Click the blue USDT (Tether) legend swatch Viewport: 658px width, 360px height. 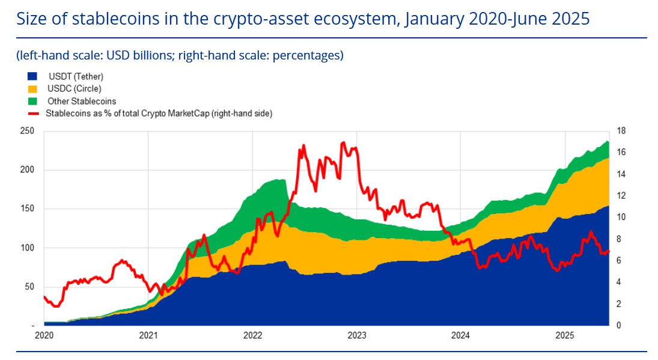point(32,76)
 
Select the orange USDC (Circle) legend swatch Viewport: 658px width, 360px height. point(32,89)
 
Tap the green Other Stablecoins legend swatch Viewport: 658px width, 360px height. point(32,101)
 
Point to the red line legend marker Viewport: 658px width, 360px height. point(33,114)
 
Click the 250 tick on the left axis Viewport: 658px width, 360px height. point(27,131)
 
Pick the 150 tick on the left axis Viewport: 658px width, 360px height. point(27,209)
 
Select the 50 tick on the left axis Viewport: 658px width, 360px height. point(29,287)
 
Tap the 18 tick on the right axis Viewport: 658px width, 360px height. point(621,131)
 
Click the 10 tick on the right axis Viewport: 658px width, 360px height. point(621,217)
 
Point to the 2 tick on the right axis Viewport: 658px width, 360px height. point(618,304)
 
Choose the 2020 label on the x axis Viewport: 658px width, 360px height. point(44,335)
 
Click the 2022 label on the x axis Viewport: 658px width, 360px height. point(252,335)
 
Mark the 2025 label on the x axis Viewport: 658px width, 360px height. point(565,335)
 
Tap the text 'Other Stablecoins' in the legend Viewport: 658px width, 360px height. point(81,101)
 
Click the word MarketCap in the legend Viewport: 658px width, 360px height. point(189,113)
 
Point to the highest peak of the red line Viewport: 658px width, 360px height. point(343,142)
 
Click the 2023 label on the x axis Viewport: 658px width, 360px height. point(357,335)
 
